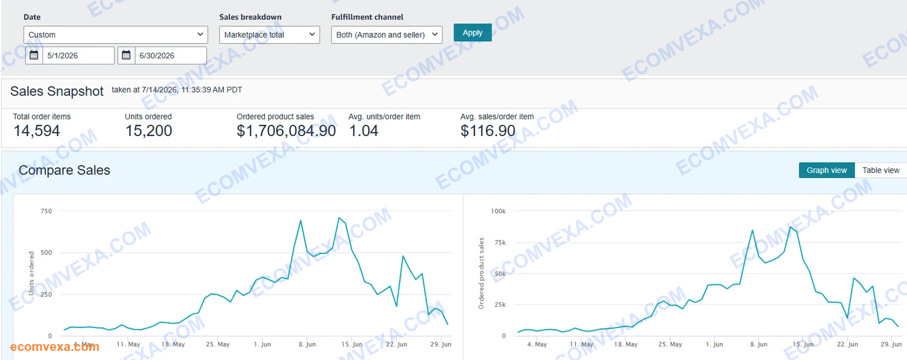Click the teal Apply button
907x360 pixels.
pos(473,32)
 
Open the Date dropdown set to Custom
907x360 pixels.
pos(116,35)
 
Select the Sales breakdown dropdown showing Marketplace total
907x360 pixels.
pos(269,35)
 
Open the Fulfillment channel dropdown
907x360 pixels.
pos(387,35)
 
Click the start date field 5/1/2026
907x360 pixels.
pos(79,56)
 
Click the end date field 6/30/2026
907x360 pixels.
pos(171,56)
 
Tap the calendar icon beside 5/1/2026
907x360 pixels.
pos(34,56)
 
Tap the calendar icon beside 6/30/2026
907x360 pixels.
pos(126,56)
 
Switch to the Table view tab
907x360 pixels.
pos(881,170)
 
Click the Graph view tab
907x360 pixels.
pos(827,170)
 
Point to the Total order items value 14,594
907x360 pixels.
pos(37,131)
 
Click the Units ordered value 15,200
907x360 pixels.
pos(149,131)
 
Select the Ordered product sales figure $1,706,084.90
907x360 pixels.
pos(286,131)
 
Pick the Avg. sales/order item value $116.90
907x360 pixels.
pos(488,131)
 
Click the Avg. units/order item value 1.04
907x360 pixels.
pos(363,131)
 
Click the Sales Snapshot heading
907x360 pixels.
pos(57,91)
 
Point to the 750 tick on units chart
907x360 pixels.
pos(46,211)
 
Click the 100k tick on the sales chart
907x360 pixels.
pos(498,211)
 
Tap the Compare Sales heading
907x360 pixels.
pos(65,170)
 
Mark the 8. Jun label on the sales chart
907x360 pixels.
pos(758,344)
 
